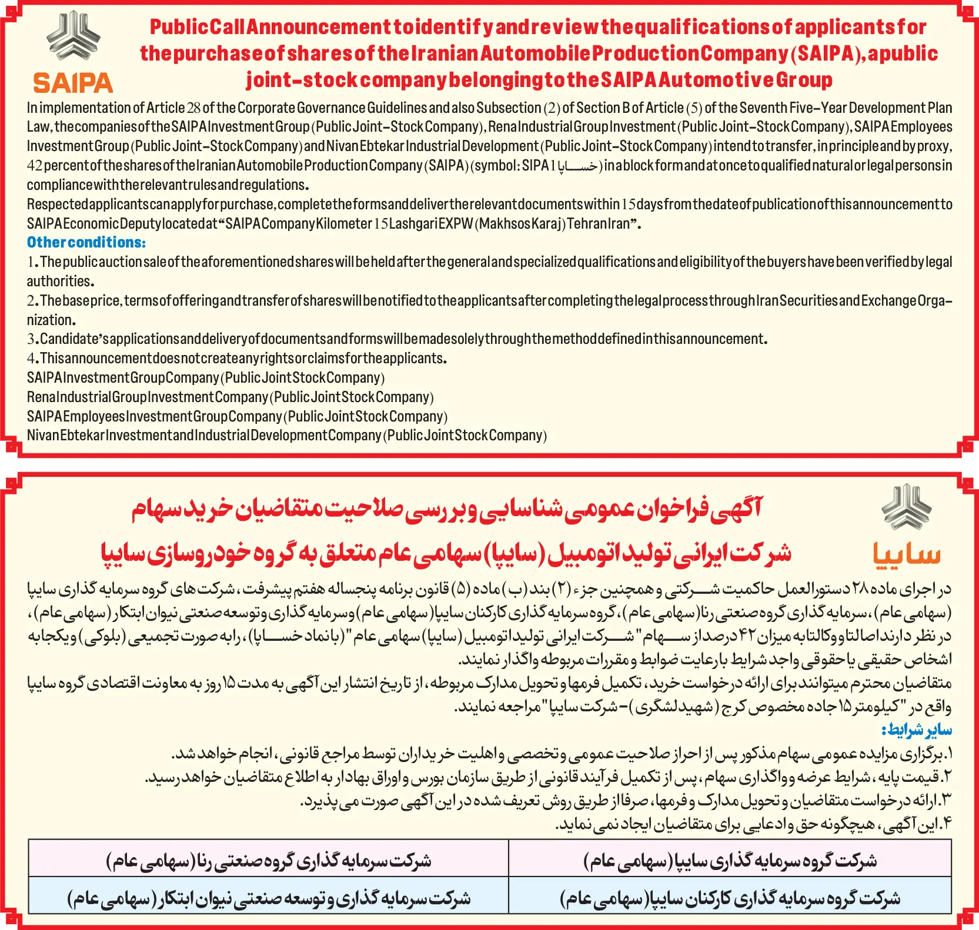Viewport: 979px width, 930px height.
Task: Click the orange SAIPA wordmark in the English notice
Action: pyautogui.click(x=73, y=83)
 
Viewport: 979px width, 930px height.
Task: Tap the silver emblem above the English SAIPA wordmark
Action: pyautogui.click(x=73, y=36)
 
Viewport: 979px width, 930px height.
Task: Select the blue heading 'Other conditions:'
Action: pyautogui.click(x=86, y=242)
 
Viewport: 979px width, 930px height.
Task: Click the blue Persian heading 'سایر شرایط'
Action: pyautogui.click(x=917, y=730)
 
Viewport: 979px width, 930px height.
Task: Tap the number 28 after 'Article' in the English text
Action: pyautogui.click(x=193, y=108)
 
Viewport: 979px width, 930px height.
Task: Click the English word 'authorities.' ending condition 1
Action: pyautogui.click(x=60, y=281)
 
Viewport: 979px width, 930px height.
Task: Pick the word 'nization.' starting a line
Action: pyautogui.click(x=52, y=320)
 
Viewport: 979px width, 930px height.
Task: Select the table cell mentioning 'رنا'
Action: pyautogui.click(x=269, y=860)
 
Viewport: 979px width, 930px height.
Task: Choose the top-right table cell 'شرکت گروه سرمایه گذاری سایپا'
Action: pyautogui.click(x=730, y=860)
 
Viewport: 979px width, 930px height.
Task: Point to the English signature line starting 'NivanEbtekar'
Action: pyautogui.click(x=286, y=436)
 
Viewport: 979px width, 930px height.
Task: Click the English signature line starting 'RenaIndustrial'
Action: pyautogui.click(x=230, y=397)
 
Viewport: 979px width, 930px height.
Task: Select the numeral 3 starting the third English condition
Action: pyautogui.click(x=31, y=339)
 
